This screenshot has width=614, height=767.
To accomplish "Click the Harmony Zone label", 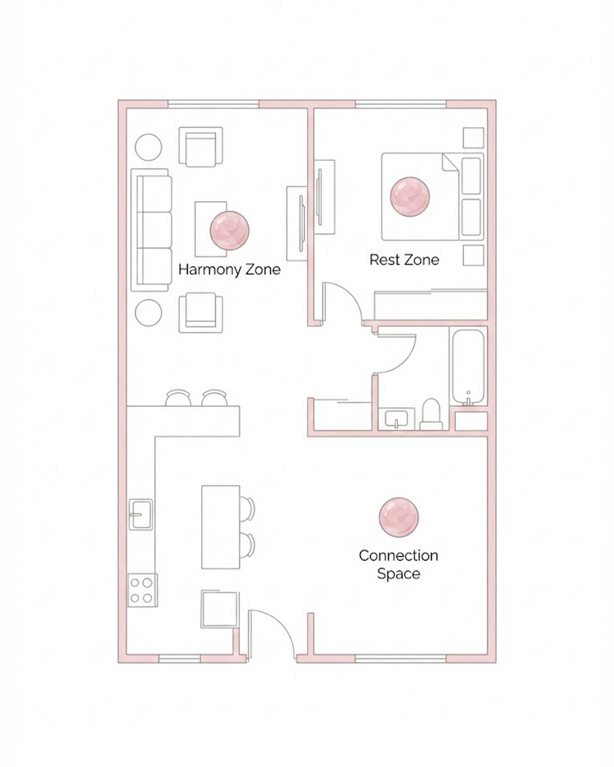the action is pos(229,269).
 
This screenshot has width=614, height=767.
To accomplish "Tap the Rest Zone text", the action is pos(404,259).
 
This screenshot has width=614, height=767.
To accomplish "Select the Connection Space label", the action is pos(398,564).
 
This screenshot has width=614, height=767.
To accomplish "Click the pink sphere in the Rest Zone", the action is pos(410,196).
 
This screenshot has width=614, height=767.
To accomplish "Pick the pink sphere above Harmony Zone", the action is pos(229,230).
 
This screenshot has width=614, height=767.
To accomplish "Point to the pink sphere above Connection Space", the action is pos(399,517).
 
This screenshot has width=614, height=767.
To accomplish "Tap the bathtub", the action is pos(468,366).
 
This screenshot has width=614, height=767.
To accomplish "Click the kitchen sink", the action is pos(141,514).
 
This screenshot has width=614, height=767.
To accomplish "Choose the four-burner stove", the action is pos(142,590).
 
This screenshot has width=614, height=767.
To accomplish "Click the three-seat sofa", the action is pos(151,230).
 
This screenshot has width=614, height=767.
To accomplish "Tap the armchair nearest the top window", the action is pos(201,146).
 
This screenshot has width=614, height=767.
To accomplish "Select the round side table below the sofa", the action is pos(148,313).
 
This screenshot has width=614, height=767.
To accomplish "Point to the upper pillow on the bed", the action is pos(471,176).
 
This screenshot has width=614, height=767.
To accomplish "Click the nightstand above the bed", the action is pos(473,138).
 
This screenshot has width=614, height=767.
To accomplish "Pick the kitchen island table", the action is pos(221,527).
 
